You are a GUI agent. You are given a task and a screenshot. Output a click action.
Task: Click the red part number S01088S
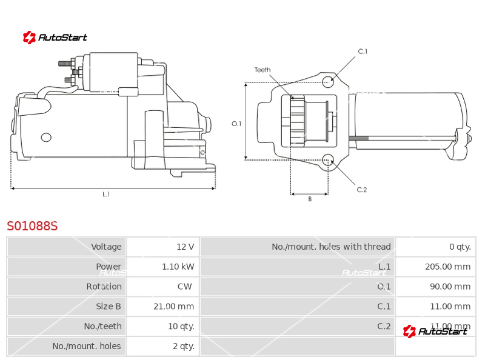click(32, 226)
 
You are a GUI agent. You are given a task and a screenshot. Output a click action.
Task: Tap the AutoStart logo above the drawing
click(55, 38)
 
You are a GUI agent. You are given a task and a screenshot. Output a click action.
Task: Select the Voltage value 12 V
click(185, 247)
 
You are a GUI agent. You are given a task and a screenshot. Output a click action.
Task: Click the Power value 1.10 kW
click(178, 267)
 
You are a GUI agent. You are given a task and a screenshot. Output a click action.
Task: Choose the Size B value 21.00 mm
click(173, 307)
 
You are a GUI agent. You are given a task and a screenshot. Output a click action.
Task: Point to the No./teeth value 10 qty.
click(181, 327)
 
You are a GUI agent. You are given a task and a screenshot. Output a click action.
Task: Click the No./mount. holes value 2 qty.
click(183, 347)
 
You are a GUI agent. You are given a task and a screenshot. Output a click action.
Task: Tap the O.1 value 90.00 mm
click(442, 287)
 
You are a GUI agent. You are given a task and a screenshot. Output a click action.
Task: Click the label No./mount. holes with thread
click(331, 247)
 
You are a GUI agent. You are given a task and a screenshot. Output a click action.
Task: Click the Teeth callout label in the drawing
click(263, 70)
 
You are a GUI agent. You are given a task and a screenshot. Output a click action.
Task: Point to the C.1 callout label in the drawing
click(363, 52)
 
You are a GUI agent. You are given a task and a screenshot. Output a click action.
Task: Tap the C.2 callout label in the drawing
click(362, 190)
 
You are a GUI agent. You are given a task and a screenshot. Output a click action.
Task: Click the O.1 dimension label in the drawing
click(236, 124)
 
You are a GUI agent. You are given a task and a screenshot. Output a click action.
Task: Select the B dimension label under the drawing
click(309, 199)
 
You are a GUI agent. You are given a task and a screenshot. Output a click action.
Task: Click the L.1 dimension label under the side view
click(106, 194)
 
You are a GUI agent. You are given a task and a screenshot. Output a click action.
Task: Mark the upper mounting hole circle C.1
click(327, 81)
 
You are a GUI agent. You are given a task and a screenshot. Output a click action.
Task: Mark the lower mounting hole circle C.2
click(328, 160)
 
